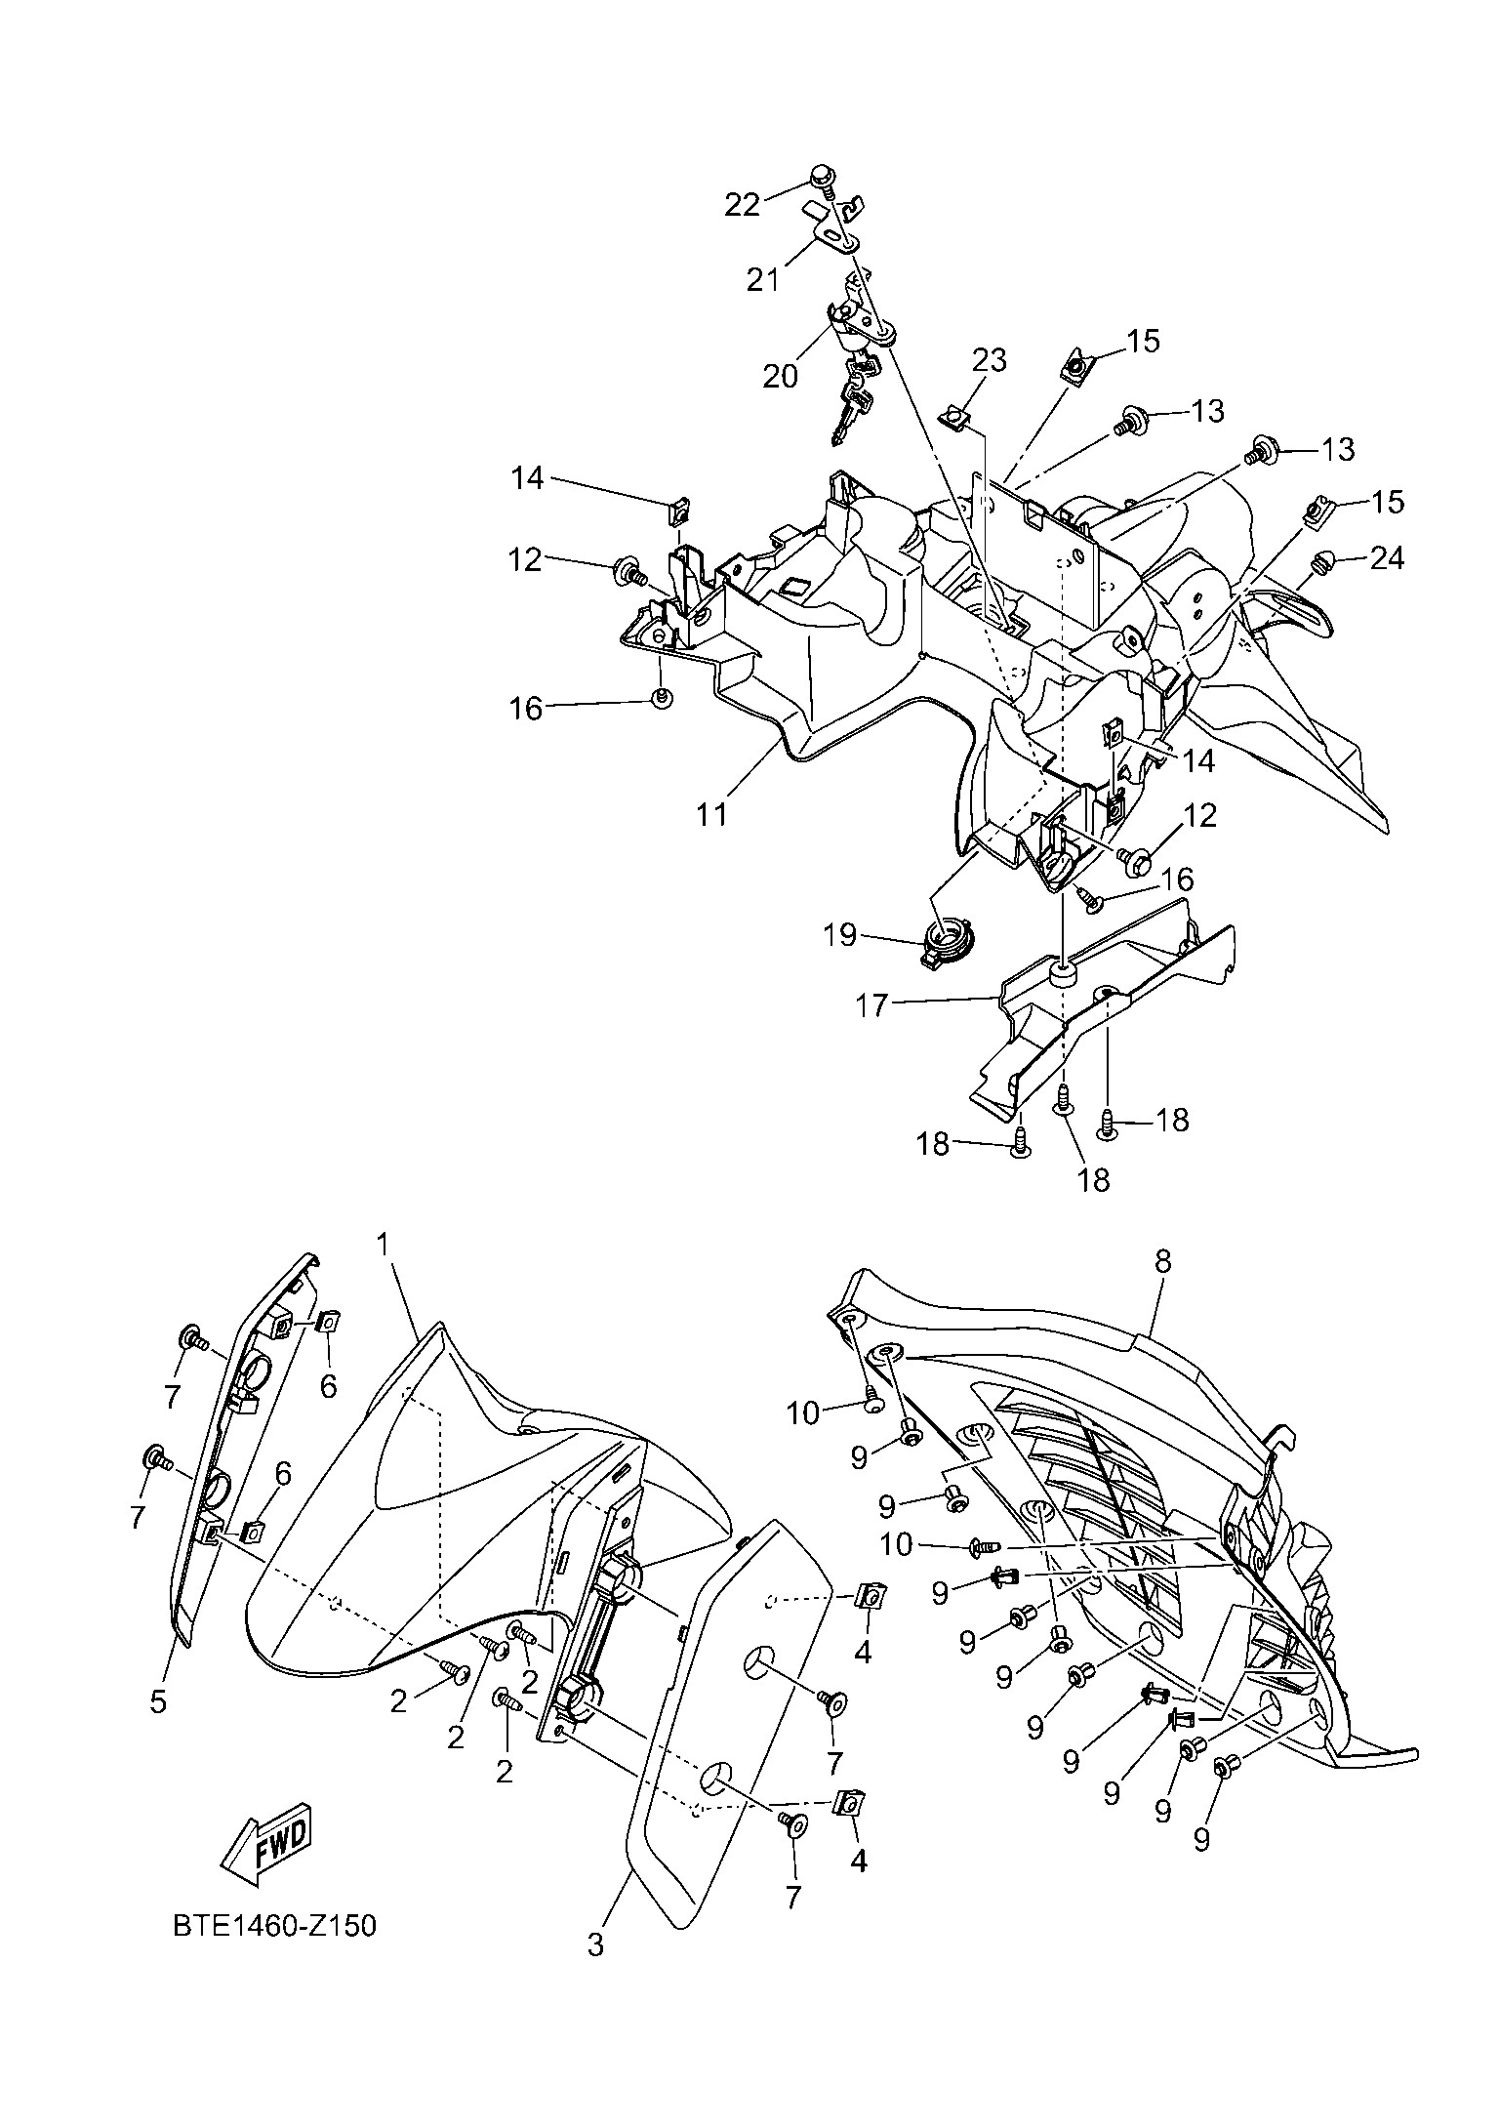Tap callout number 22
[742, 204]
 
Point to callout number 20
[780, 375]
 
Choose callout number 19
[839, 934]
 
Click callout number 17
[871, 1004]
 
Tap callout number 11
[712, 813]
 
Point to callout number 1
[384, 1244]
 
